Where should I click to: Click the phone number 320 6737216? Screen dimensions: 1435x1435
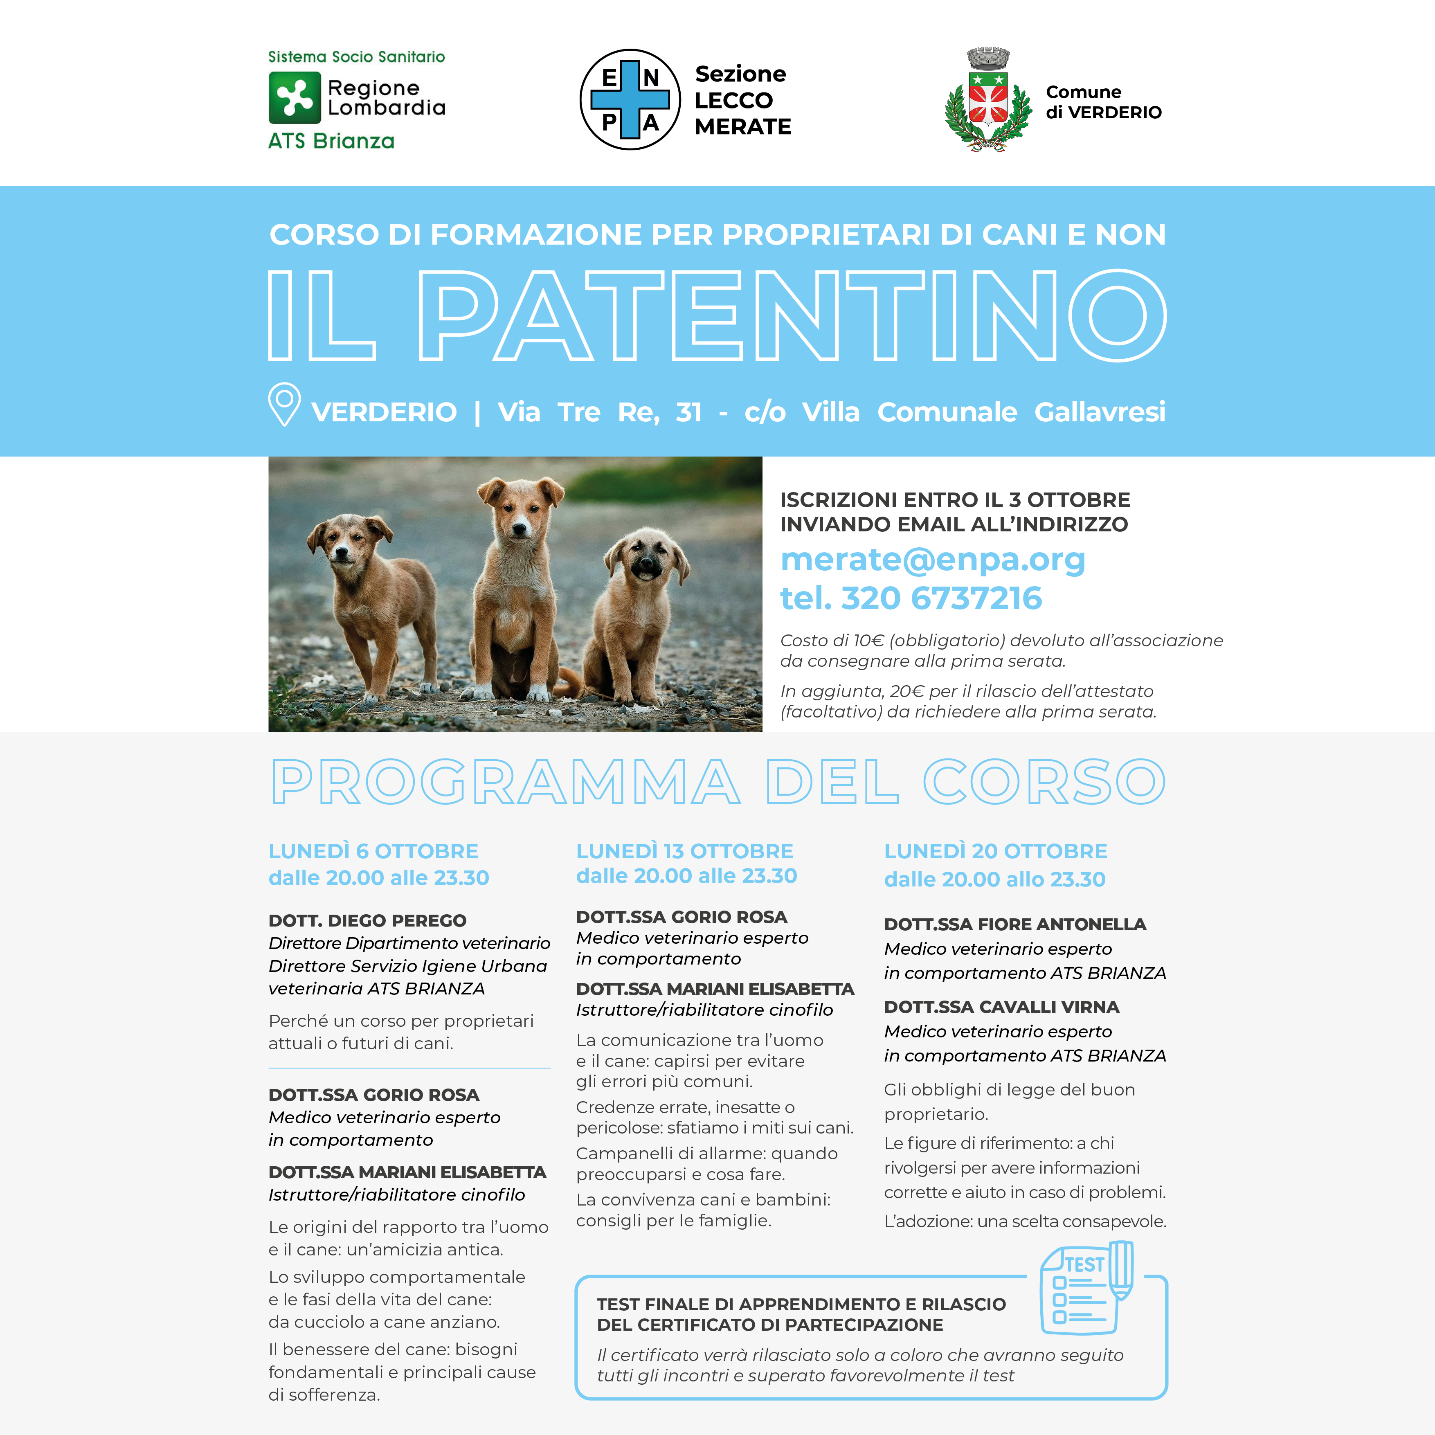[941, 598]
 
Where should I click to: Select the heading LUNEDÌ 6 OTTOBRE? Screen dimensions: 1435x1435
[373, 851]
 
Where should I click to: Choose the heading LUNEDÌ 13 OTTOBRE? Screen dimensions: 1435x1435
[684, 851]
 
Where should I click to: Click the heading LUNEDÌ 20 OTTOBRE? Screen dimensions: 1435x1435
[995, 851]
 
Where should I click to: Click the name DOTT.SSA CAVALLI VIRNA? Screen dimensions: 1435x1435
[1001, 1007]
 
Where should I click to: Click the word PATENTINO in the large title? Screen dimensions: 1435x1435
[792, 316]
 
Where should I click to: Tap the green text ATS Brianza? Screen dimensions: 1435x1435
[331, 141]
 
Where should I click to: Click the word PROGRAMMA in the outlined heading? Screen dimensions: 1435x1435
[505, 782]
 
